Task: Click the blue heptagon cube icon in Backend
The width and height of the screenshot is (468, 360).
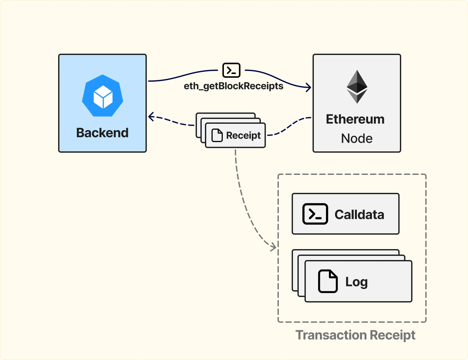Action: point(102,96)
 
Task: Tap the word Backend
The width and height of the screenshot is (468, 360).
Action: point(102,133)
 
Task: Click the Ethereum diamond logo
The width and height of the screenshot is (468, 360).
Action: point(357,86)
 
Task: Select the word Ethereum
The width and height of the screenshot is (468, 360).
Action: point(355,119)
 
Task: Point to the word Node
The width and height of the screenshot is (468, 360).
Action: point(357,139)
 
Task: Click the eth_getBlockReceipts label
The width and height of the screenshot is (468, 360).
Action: point(234,86)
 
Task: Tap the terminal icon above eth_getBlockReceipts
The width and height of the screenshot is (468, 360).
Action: point(231,70)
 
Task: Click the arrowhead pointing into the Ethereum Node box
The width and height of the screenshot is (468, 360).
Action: point(309,87)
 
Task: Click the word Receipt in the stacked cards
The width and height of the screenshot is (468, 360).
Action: point(243,135)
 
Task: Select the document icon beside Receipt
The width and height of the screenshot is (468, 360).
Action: point(217,135)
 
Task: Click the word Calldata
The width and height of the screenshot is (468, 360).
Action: point(359,214)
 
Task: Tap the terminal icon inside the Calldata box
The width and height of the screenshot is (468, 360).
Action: point(315,214)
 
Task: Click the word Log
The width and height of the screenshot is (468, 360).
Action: point(356,282)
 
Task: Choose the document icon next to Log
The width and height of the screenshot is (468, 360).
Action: point(328,281)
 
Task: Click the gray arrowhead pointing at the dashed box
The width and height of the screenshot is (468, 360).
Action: point(274,247)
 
